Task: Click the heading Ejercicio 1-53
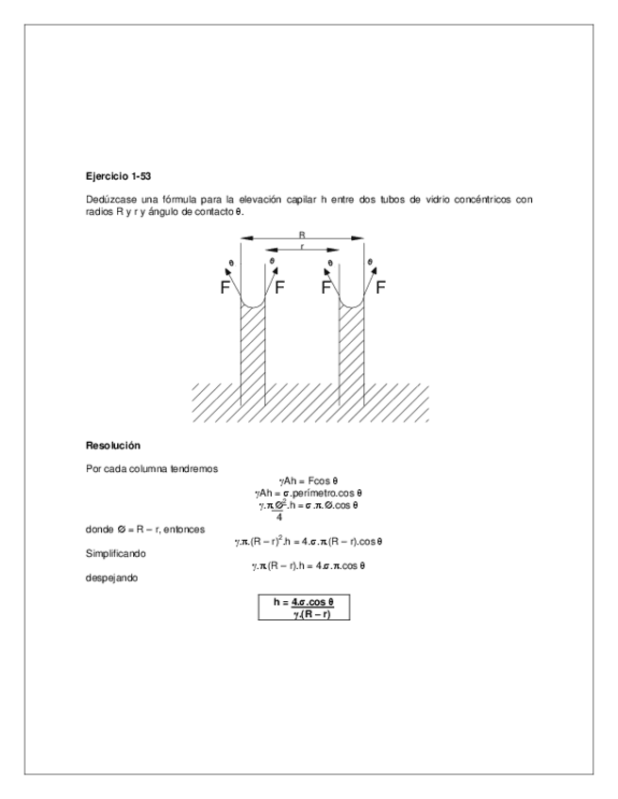(118, 176)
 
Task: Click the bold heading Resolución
(112, 445)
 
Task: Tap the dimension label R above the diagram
(302, 235)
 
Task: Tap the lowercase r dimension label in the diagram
(302, 247)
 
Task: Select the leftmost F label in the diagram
(225, 288)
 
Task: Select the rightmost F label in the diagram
(381, 288)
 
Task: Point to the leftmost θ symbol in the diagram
(231, 264)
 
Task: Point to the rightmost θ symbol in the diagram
(370, 263)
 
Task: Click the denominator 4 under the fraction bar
(279, 516)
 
